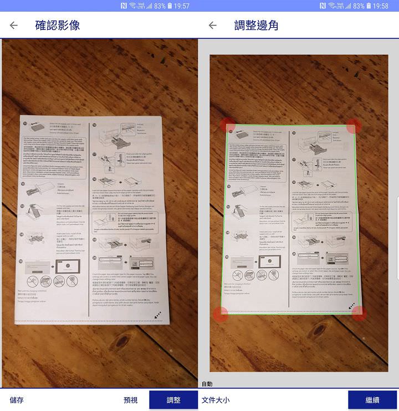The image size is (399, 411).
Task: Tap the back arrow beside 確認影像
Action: click(14, 25)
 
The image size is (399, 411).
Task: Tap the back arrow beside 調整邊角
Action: click(212, 25)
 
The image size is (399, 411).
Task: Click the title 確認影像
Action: click(57, 25)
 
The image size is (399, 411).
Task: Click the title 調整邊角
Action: click(256, 25)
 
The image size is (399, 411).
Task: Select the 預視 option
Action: click(130, 400)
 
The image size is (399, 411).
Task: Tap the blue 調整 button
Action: click(173, 400)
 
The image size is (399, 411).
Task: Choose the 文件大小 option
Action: click(216, 400)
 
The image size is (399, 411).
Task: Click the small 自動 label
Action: click(207, 384)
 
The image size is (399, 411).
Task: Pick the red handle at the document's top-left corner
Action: click(228, 125)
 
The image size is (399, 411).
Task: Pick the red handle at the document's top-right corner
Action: click(354, 126)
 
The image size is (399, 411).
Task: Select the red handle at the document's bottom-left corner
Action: click(221, 314)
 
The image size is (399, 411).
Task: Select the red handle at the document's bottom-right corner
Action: click(359, 314)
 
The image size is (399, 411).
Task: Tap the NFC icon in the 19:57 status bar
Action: click(122, 6)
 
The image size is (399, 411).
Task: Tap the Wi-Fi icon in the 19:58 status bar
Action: click(331, 6)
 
